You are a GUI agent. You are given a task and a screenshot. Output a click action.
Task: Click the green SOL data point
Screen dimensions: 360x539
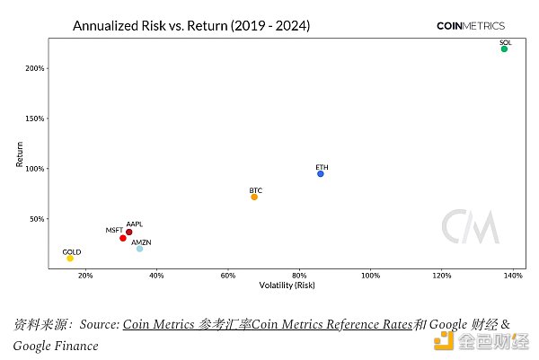[504, 48]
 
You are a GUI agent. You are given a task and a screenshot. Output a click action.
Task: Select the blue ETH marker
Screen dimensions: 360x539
[321, 173]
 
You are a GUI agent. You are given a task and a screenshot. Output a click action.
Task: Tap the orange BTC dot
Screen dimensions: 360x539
[254, 197]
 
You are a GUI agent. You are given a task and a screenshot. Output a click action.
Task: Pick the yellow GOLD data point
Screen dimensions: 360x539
[70, 258]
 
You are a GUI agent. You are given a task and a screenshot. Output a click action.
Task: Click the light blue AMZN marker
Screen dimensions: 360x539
[139, 249]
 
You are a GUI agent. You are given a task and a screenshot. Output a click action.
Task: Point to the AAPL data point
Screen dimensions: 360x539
[129, 232]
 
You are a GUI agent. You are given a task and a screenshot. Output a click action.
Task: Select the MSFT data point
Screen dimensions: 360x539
[123, 238]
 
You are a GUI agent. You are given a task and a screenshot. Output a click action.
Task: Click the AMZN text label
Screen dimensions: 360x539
[141, 242]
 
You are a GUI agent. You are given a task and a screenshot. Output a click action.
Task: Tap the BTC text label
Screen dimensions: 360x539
[256, 190]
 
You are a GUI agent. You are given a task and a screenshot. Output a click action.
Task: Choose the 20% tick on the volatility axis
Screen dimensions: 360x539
[85, 276]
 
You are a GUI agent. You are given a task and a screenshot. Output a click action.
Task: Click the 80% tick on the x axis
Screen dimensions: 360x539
[299, 276]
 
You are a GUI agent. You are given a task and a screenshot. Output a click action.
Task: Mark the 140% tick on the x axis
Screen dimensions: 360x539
[513, 276]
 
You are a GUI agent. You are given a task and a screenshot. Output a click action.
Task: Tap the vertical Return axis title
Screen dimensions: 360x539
[20, 155]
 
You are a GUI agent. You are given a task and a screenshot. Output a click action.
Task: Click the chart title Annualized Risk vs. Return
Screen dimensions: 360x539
[190, 26]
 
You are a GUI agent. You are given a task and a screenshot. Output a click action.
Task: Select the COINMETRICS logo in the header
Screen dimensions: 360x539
[470, 26]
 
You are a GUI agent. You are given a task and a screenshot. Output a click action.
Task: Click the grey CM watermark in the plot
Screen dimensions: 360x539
[470, 227]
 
